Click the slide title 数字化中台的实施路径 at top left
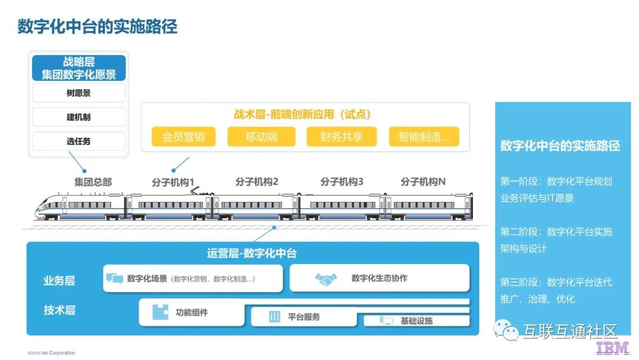click(97, 27)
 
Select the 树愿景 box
click(79, 93)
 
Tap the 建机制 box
click(79, 117)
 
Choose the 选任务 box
click(79, 142)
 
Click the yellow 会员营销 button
click(183, 137)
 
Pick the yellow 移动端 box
click(262, 137)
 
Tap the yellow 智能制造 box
click(424, 137)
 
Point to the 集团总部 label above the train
click(93, 182)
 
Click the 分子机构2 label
click(257, 182)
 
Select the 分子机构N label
click(423, 182)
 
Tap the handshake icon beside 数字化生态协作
click(326, 278)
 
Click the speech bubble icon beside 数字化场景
click(115, 278)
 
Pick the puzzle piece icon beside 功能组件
click(160, 312)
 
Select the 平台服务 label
click(304, 317)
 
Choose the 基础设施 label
click(417, 321)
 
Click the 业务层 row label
click(59, 281)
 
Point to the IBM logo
click(612, 349)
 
